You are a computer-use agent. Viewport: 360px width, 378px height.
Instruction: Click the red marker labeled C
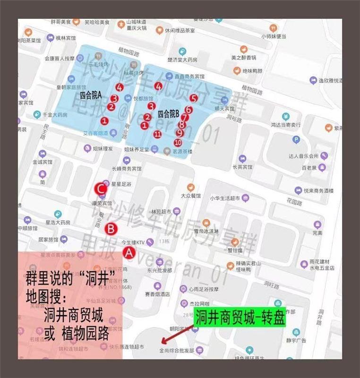pos(101,189)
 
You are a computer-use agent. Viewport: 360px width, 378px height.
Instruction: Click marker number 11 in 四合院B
pos(158,134)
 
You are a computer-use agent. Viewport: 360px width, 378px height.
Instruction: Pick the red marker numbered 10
pos(178,142)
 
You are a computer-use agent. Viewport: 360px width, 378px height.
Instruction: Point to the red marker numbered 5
pos(193,98)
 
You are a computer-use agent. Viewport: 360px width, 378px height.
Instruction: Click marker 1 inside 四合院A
pos(104,121)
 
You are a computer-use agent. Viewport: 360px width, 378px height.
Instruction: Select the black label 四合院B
pos(168,113)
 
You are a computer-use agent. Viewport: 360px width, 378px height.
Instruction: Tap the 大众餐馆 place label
pos(191,195)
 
